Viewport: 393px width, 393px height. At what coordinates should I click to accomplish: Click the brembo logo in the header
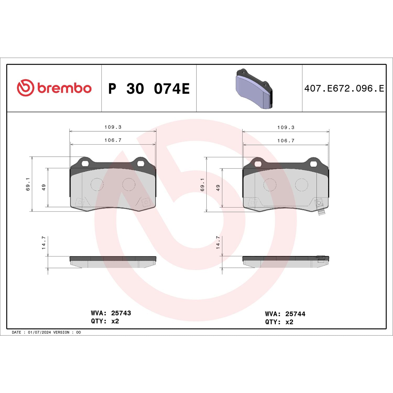(x=54, y=88)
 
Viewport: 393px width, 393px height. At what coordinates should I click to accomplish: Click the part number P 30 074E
(x=149, y=89)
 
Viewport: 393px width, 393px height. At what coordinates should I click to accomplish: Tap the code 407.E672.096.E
(x=344, y=89)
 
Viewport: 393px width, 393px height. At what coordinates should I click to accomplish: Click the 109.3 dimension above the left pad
(x=113, y=127)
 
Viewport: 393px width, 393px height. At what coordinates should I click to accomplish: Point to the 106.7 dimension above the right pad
(x=286, y=141)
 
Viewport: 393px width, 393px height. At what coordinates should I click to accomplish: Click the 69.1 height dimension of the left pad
(x=28, y=184)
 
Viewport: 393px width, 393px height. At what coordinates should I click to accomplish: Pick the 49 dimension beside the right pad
(x=218, y=188)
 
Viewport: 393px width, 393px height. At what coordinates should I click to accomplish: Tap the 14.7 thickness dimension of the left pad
(x=44, y=243)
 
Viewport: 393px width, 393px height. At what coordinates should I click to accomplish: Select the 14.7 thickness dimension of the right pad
(x=218, y=242)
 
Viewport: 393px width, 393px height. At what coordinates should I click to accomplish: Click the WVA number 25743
(x=121, y=313)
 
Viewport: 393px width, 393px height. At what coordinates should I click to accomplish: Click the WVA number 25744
(x=295, y=314)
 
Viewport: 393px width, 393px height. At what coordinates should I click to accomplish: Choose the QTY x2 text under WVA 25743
(x=105, y=321)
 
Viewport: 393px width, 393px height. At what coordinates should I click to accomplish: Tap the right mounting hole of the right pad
(x=313, y=164)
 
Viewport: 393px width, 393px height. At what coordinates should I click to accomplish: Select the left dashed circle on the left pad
(x=97, y=184)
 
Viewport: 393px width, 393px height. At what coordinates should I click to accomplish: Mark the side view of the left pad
(x=113, y=262)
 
